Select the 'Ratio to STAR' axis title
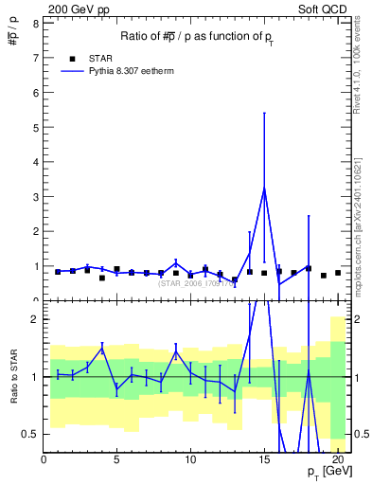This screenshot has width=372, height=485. (x=14, y=377)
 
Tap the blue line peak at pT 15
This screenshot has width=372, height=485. (x=264, y=187)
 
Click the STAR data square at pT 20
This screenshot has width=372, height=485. (x=338, y=273)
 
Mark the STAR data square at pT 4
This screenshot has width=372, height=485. (x=102, y=278)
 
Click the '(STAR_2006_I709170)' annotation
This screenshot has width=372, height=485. (x=194, y=282)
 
